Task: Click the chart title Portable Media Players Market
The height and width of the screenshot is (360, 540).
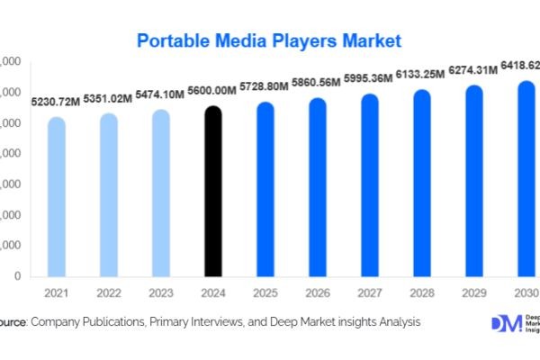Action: [269, 40]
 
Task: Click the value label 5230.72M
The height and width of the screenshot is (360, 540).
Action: [56, 103]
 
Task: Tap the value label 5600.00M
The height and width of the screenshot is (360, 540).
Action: [212, 91]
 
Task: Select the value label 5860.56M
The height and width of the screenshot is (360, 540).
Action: [317, 82]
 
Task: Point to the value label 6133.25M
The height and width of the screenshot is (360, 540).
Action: [421, 75]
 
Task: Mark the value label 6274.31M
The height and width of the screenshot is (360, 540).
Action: [473, 70]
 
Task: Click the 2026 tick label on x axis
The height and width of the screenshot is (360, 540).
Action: [317, 292]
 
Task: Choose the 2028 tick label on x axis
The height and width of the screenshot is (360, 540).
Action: [421, 292]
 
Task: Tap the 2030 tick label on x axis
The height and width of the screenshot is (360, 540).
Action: [526, 292]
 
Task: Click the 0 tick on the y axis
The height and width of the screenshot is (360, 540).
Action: [18, 276]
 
